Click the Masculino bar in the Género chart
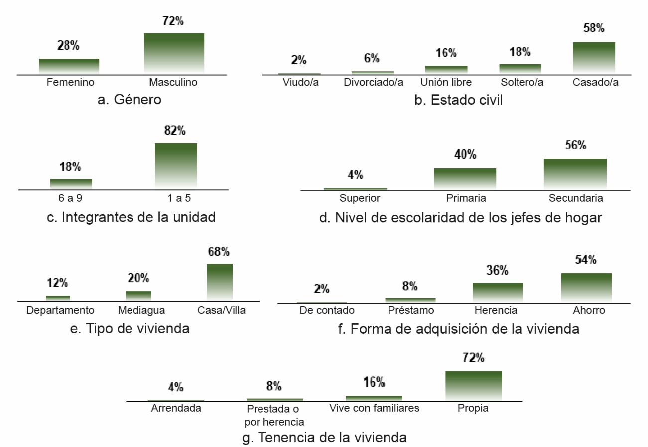pos(174,53)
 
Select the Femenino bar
pos(69,66)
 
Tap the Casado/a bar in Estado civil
pos(594,58)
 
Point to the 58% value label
pos(594,28)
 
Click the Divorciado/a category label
pos(374,82)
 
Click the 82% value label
pos(175,131)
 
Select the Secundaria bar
pos(575,174)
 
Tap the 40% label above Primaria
pos(466,155)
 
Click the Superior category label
pos(360,198)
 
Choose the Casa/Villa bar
pos(220,282)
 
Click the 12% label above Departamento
pos(57,283)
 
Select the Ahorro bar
pos(586,288)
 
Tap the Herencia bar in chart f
pos(498,293)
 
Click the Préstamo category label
pos(410,311)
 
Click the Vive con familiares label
pos(375,409)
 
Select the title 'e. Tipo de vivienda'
pos(130,329)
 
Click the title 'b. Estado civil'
pos(459,100)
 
